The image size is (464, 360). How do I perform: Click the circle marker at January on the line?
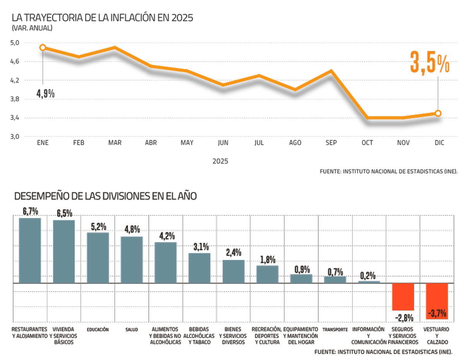pyautogui.click(x=43, y=48)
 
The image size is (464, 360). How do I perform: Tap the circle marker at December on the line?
pyautogui.click(x=438, y=113)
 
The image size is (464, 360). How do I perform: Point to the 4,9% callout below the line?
pyautogui.click(x=46, y=94)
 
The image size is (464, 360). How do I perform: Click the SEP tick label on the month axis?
pyautogui.click(x=331, y=143)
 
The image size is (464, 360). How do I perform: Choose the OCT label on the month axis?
pyautogui.click(x=367, y=143)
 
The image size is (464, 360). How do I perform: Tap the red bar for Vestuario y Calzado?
pyautogui.click(x=437, y=301)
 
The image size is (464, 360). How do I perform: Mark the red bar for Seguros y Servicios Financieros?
pyautogui.click(x=403, y=297)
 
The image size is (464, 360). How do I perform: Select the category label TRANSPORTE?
pyautogui.click(x=335, y=329)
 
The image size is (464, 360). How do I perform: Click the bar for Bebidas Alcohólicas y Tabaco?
pyautogui.click(x=200, y=268)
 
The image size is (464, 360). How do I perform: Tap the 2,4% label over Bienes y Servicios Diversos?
pyautogui.click(x=233, y=253)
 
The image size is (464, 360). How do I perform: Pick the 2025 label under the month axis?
pyautogui.click(x=220, y=161)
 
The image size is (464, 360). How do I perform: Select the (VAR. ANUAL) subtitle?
pyautogui.click(x=32, y=28)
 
